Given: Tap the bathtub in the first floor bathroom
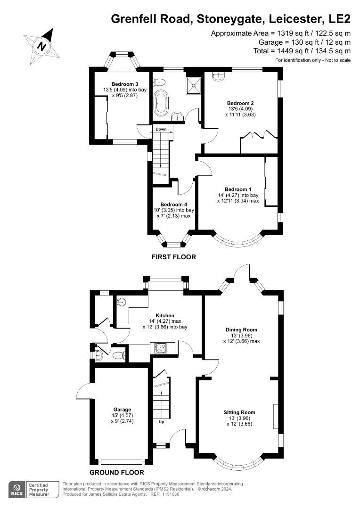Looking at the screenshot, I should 162,102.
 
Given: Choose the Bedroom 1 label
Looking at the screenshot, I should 238,189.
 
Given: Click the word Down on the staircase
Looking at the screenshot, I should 161,129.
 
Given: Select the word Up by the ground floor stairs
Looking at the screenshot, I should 161,422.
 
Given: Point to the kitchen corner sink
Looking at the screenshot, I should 123,302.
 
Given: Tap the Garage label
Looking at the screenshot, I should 122,410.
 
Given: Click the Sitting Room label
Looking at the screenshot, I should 240,412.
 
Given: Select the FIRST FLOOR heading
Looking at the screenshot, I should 173,257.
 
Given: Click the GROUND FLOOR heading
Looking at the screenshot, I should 116,472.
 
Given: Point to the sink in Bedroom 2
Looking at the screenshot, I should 219,75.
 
